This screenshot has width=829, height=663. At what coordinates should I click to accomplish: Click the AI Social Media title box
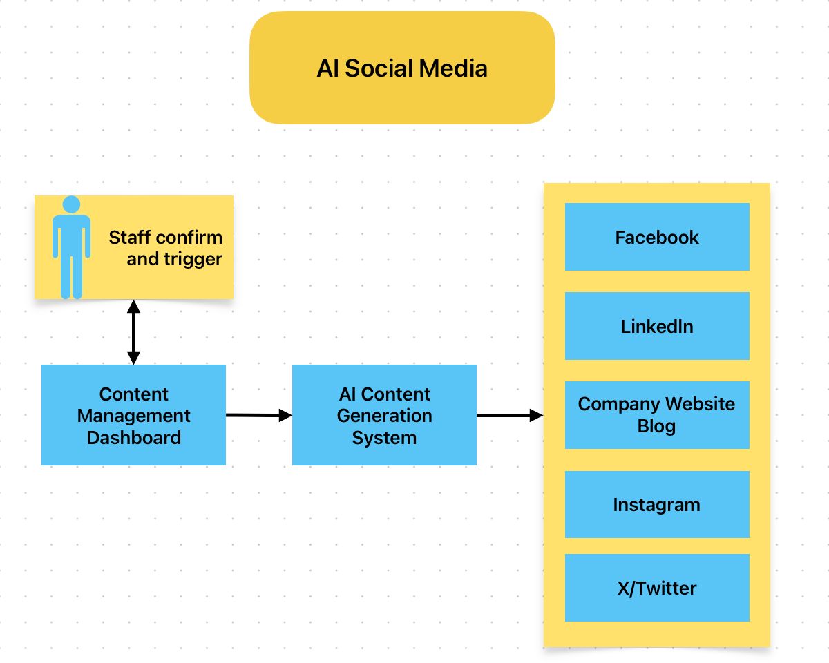pyautogui.click(x=402, y=68)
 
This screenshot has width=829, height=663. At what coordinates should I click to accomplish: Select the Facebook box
pyautogui.click(x=657, y=237)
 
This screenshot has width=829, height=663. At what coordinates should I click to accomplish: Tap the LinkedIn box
pyautogui.click(x=657, y=326)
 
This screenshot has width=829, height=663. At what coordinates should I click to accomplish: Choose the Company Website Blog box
pyautogui.click(x=657, y=415)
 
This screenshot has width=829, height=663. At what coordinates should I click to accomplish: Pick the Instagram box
pyautogui.click(x=657, y=505)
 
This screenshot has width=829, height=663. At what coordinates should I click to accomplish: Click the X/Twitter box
pyautogui.click(x=657, y=588)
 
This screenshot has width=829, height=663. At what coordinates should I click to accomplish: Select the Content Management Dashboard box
pyautogui.click(x=133, y=415)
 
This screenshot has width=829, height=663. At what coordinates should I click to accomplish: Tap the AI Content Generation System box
pyautogui.click(x=384, y=415)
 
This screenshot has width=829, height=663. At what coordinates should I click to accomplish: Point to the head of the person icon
pyautogui.click(x=71, y=204)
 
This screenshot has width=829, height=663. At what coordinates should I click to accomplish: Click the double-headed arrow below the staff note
pyautogui.click(x=133, y=332)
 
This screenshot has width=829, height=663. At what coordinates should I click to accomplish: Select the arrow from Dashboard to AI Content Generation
pyautogui.click(x=259, y=415)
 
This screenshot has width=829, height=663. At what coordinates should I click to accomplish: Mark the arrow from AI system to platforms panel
pyautogui.click(x=510, y=415)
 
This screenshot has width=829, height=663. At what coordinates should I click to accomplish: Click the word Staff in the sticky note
pyautogui.click(x=128, y=238)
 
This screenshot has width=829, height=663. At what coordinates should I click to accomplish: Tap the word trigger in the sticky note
pyautogui.click(x=195, y=259)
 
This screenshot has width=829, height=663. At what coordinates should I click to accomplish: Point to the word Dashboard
pyautogui.click(x=134, y=437)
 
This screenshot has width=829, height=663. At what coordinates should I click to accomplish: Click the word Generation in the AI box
pyautogui.click(x=384, y=416)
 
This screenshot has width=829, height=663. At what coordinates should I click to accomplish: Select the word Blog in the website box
pyautogui.click(x=656, y=426)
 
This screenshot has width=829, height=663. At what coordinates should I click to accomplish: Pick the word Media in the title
pyautogui.click(x=455, y=68)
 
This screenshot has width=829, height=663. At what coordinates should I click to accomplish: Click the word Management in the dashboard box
pyautogui.click(x=134, y=416)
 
